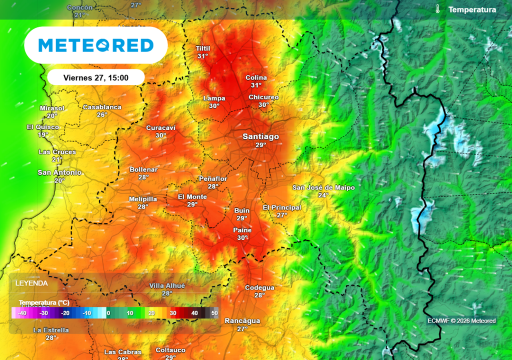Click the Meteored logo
(x=96, y=45)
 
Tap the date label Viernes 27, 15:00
(x=96, y=77)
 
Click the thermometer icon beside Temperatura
(x=437, y=9)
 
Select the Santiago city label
(x=260, y=136)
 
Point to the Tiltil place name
(x=202, y=48)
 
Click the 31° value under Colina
(x=256, y=85)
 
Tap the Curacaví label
(x=160, y=128)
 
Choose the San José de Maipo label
(x=323, y=187)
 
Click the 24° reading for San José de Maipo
(x=323, y=195)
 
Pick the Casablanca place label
(x=102, y=107)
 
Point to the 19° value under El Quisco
(x=43, y=135)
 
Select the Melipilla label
(x=143, y=199)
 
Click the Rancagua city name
(x=242, y=321)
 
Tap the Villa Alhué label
(x=167, y=285)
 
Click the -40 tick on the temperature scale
(x=21, y=313)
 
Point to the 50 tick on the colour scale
(x=214, y=313)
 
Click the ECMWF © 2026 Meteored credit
(x=461, y=321)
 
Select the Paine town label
(x=242, y=230)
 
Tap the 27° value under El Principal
(x=282, y=215)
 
